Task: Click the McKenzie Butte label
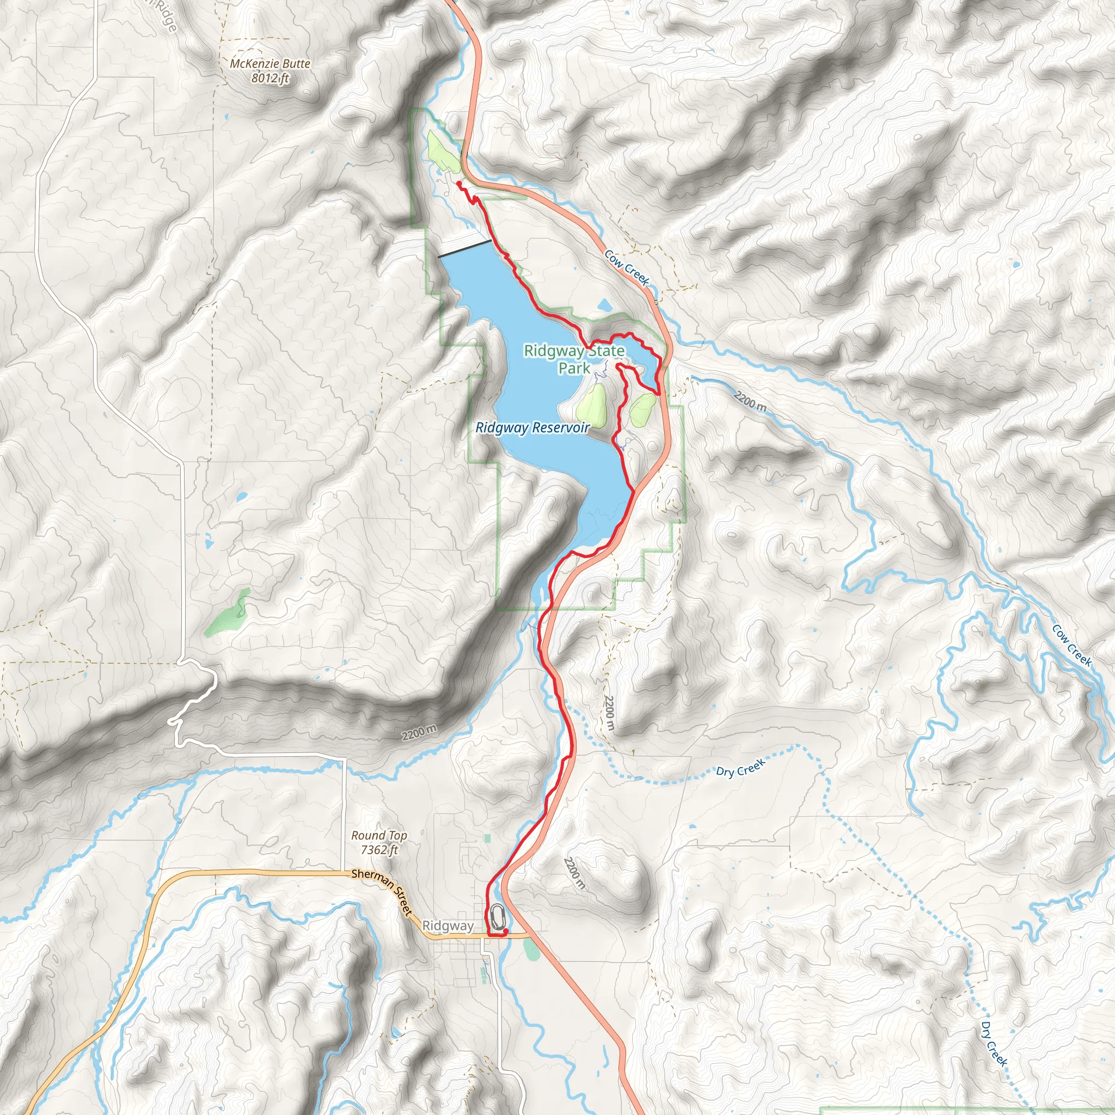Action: click(269, 64)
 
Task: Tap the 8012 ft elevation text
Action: click(269, 78)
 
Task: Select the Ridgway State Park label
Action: click(574, 359)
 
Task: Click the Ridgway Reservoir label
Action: click(532, 427)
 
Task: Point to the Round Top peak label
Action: click(378, 836)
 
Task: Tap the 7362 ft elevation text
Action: click(378, 850)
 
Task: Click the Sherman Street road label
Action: click(383, 892)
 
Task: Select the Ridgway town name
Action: click(448, 926)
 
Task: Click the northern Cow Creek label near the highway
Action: click(627, 267)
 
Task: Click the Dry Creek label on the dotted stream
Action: click(740, 768)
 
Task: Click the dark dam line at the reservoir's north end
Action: click(464, 248)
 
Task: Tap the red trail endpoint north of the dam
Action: click(458, 183)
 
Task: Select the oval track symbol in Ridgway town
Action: click(498, 915)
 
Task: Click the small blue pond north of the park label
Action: click(604, 304)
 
